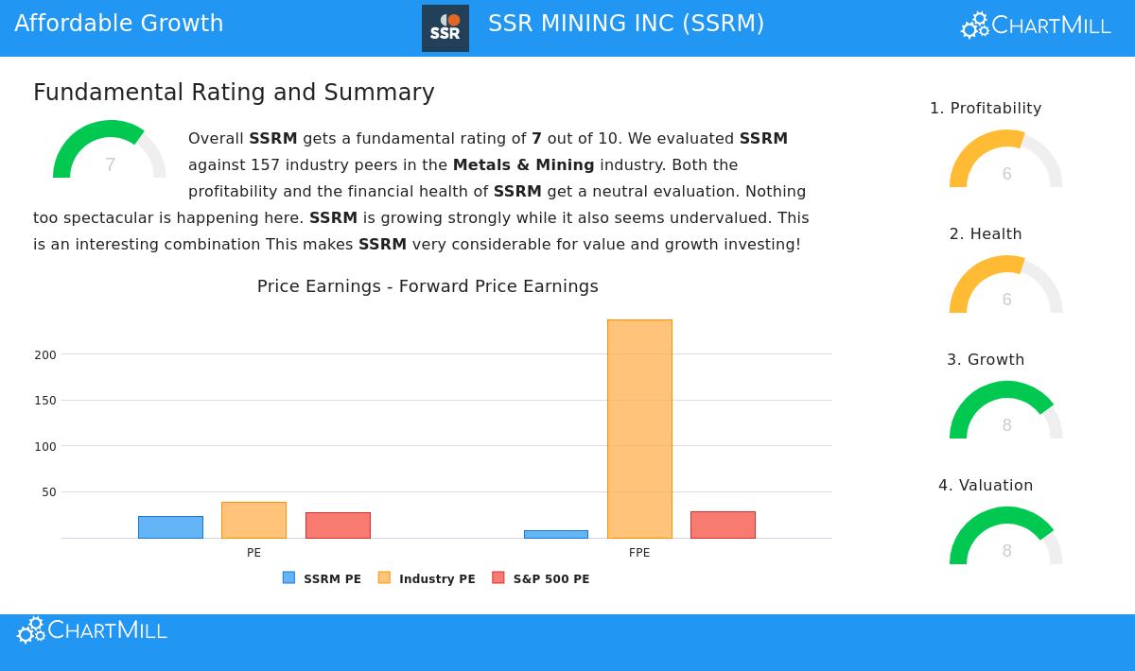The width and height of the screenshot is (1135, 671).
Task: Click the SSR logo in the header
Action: coord(445,28)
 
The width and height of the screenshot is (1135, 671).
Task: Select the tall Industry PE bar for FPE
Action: coord(639,429)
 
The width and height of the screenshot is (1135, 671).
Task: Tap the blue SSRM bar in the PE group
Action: coord(170,527)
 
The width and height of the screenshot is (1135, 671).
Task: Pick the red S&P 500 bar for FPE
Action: coord(723,525)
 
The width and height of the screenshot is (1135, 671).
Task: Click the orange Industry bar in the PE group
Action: coord(253,520)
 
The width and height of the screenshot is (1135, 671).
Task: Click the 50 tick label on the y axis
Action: coord(49,492)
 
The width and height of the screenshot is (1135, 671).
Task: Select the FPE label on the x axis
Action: coord(639,553)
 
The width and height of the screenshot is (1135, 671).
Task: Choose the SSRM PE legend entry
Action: coord(323,578)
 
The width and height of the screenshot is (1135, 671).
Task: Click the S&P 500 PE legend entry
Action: coord(541,578)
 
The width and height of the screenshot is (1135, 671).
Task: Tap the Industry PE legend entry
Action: coord(427,578)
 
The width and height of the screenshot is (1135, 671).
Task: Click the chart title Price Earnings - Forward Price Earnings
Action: coord(428,286)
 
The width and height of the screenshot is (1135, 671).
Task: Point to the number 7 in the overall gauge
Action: coord(110,165)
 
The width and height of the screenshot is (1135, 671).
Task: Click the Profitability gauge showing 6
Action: coord(1006,161)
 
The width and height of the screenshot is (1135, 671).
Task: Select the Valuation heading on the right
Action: coord(986,486)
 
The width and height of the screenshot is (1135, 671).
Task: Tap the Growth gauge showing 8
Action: coord(1006,412)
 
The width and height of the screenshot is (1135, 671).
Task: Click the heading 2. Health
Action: coord(986,234)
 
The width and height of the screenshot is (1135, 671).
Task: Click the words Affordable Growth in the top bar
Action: coord(119,24)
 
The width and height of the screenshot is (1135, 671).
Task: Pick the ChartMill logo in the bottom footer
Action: coord(93,630)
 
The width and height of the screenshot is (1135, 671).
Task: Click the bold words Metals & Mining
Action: coord(523,165)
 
